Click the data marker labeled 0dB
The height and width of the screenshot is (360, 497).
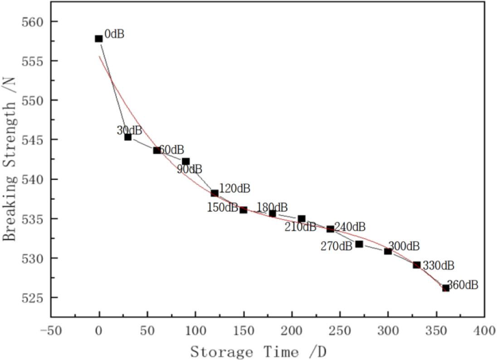(x=99, y=39)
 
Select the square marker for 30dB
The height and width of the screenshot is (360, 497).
(x=128, y=137)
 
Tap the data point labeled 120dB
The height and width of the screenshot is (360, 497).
(x=214, y=193)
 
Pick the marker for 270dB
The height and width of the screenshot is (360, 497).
(x=359, y=244)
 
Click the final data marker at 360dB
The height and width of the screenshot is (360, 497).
(x=446, y=288)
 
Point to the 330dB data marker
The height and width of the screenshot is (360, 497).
(x=417, y=265)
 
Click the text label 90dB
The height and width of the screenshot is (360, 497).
(x=190, y=170)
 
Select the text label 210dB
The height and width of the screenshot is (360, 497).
(x=300, y=227)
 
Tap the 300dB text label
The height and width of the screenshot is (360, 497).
(x=404, y=246)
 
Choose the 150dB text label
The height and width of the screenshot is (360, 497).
(x=222, y=208)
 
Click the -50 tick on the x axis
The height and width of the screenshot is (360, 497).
(x=50, y=331)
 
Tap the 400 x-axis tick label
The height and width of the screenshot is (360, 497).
(x=484, y=331)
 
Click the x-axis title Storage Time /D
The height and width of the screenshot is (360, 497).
(x=258, y=352)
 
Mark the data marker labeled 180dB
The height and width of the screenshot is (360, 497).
(x=273, y=213)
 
